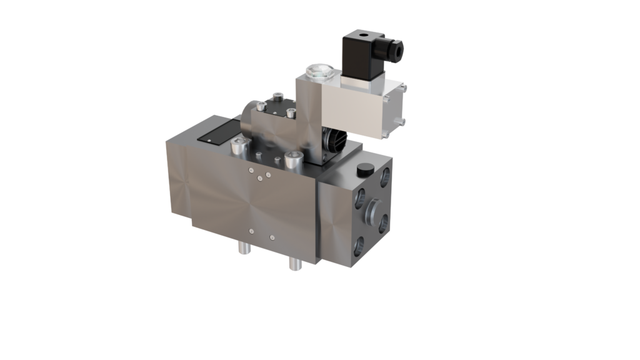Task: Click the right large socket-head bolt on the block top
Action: click(289, 159)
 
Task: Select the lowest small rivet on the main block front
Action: click(272, 237)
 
